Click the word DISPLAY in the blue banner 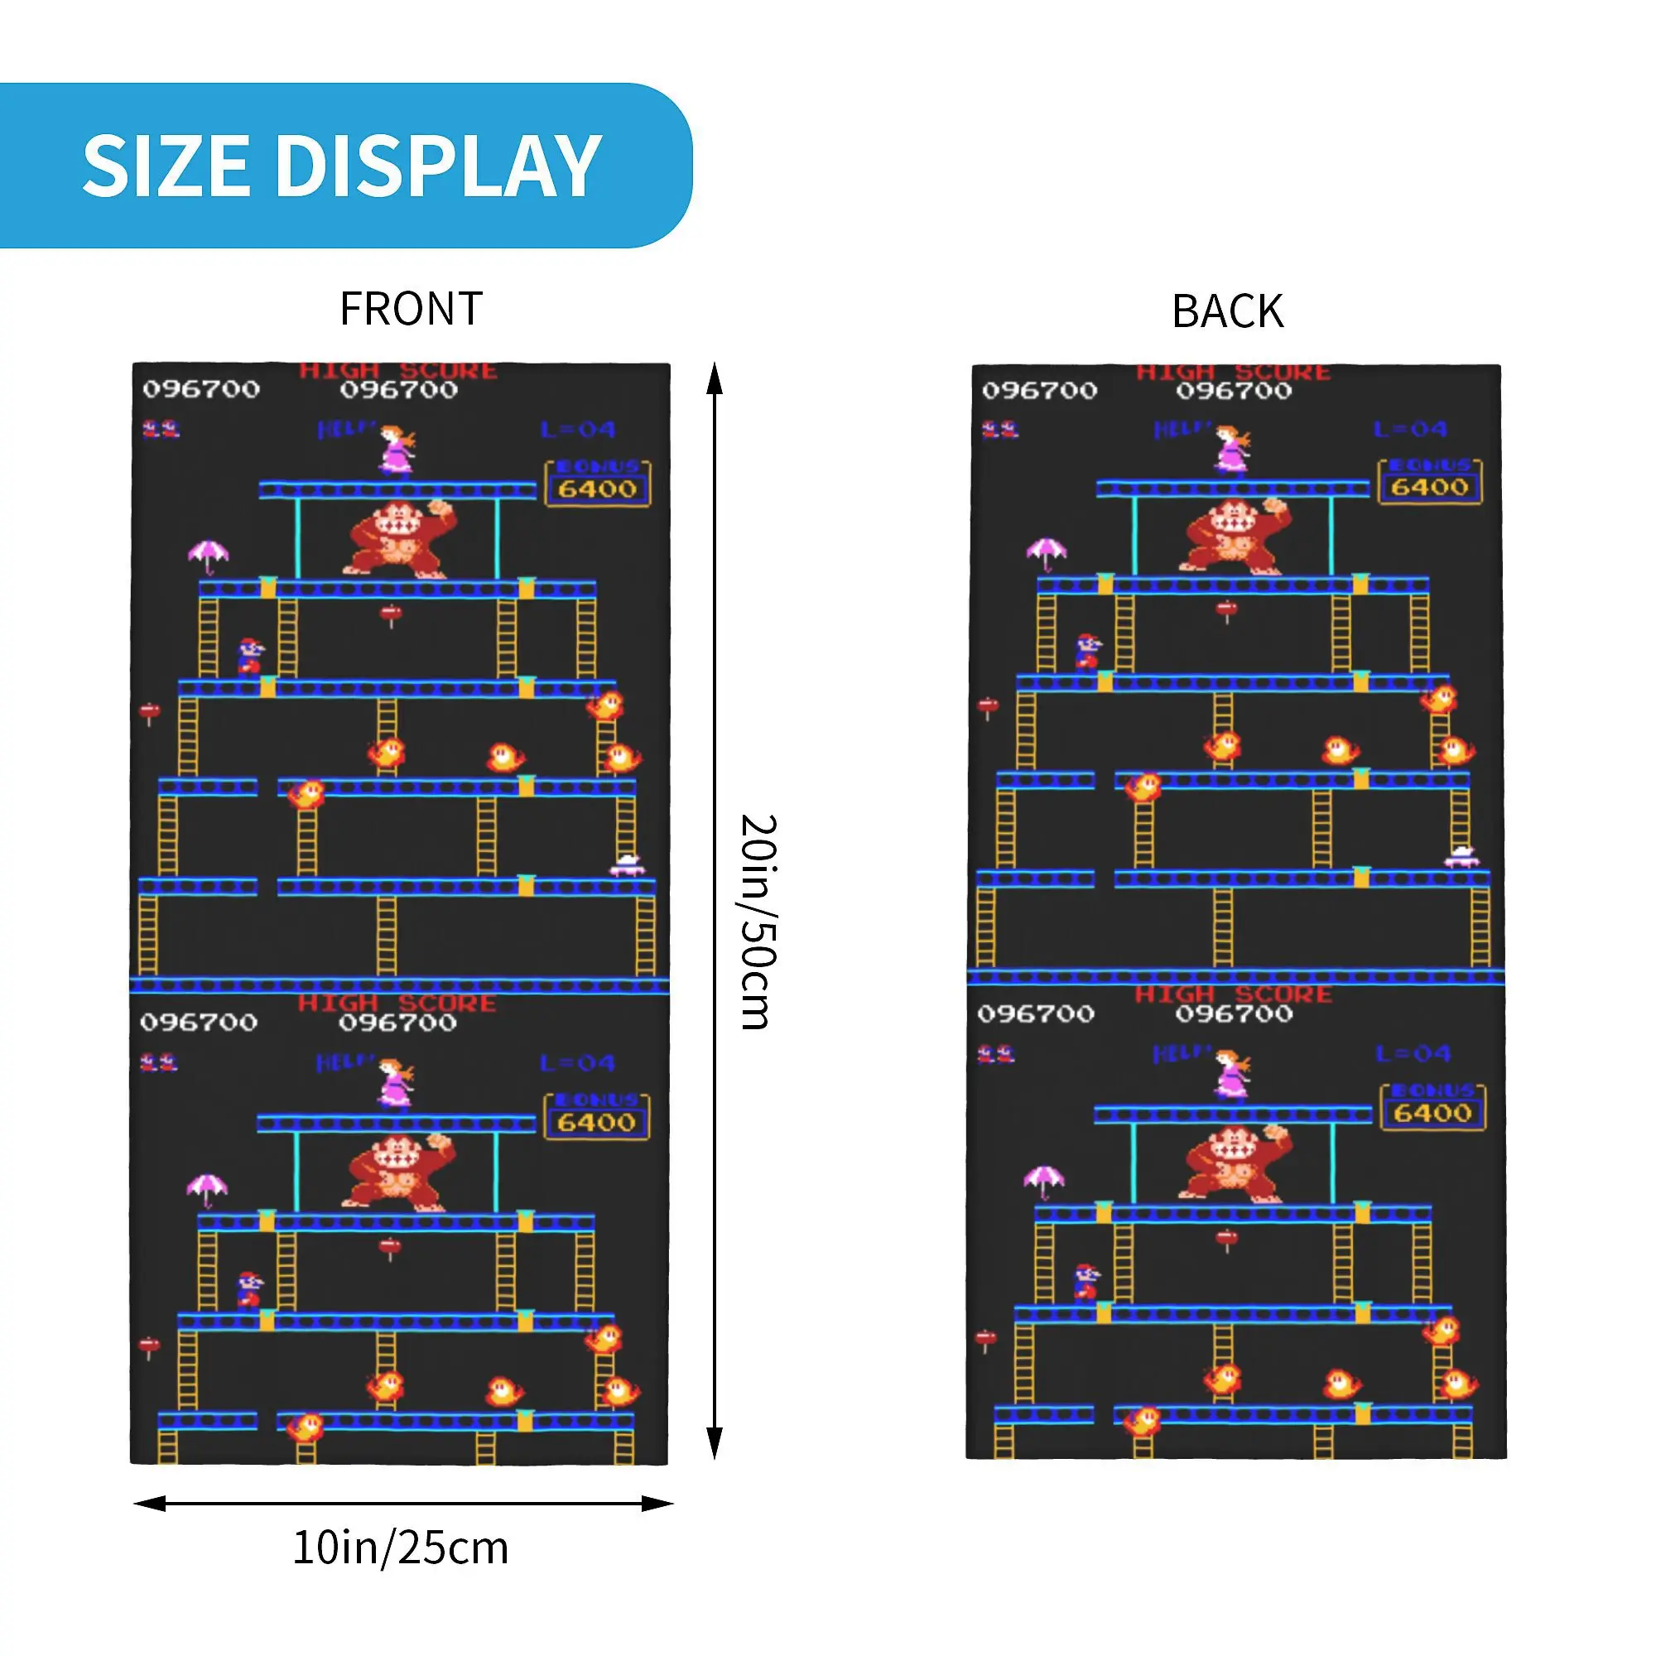pyautogui.click(x=438, y=166)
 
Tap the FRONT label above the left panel pyautogui.click(x=412, y=309)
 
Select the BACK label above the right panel pyautogui.click(x=1227, y=311)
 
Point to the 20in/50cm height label pyautogui.click(x=758, y=922)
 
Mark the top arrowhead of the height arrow pyautogui.click(x=714, y=377)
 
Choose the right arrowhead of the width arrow pyautogui.click(x=657, y=1504)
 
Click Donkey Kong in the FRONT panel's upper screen pyautogui.click(x=399, y=538)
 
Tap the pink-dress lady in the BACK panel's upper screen pyautogui.click(x=1233, y=449)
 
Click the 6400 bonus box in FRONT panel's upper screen pyautogui.click(x=598, y=484)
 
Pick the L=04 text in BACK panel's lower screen pyautogui.click(x=1413, y=1053)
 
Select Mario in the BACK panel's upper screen pyautogui.click(x=1088, y=651)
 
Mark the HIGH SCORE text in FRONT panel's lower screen pyautogui.click(x=397, y=1003)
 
